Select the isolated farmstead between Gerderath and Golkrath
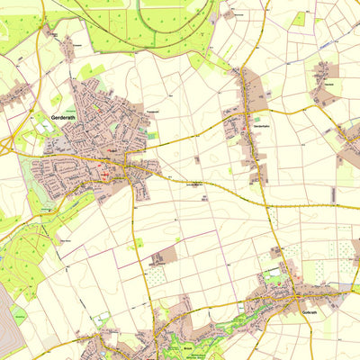click(x=163, y=256)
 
